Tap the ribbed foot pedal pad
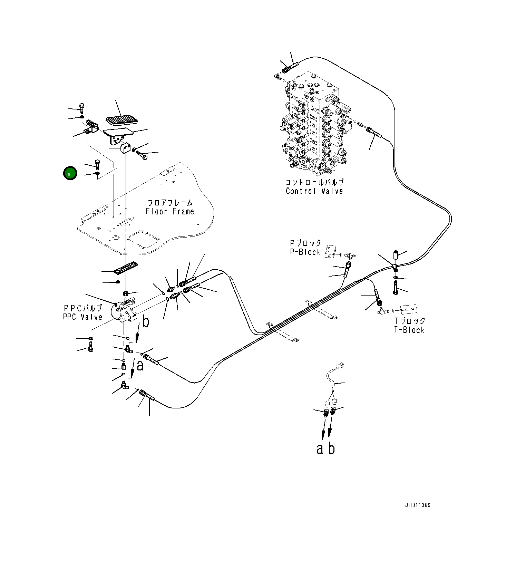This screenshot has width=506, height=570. pyautogui.click(x=122, y=120)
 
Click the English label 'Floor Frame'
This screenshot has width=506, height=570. pyautogui.click(x=170, y=211)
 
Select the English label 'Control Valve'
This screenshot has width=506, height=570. pyautogui.click(x=314, y=191)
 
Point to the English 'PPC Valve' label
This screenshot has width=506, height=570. pyautogui.click(x=82, y=317)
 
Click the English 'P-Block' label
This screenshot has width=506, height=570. pyautogui.click(x=305, y=252)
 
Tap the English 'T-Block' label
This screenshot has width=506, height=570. pyautogui.click(x=409, y=330)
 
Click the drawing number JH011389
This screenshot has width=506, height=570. pyautogui.click(x=418, y=505)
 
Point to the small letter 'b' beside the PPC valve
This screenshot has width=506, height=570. pyautogui.click(x=146, y=322)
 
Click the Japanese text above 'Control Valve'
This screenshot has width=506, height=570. pyautogui.click(x=314, y=182)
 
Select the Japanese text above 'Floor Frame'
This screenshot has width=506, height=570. pyautogui.click(x=170, y=203)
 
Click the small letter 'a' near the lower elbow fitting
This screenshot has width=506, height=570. pyautogui.click(x=140, y=365)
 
